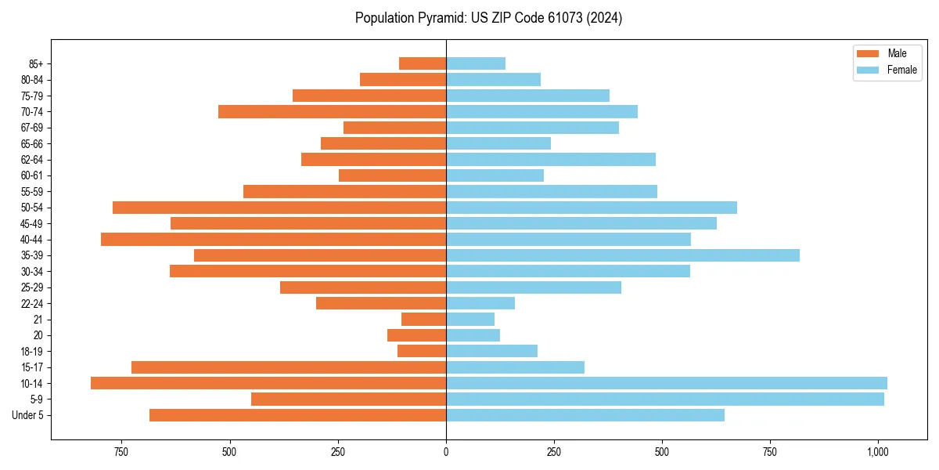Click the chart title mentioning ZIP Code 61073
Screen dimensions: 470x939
pyautogui.click(x=488, y=18)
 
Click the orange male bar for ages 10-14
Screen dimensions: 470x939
pyautogui.click(x=268, y=383)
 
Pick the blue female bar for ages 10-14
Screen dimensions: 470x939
pyautogui.click(x=667, y=383)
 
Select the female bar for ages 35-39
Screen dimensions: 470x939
pyautogui.click(x=623, y=255)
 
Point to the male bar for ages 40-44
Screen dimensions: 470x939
pyautogui.click(x=274, y=239)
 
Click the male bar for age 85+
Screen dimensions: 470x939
pyautogui.click(x=423, y=63)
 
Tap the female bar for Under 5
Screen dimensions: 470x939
pyautogui.click(x=585, y=415)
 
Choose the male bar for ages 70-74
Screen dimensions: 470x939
pyautogui.click(x=333, y=111)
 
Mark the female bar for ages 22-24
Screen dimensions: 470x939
pyautogui.click(x=480, y=303)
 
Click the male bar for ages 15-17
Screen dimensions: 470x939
pyautogui.click(x=289, y=367)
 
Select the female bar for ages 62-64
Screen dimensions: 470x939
pyautogui.click(x=551, y=159)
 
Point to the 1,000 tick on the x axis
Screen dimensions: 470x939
pyautogui.click(x=878, y=452)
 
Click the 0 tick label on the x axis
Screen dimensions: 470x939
pyautogui.click(x=446, y=452)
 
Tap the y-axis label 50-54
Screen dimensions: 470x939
pyautogui.click(x=32, y=208)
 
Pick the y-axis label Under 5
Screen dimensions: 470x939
pyautogui.click(x=28, y=415)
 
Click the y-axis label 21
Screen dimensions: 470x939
pyautogui.click(x=38, y=320)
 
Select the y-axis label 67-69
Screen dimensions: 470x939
pyautogui.click(x=32, y=128)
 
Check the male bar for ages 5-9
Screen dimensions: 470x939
pyautogui.click(x=349, y=399)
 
